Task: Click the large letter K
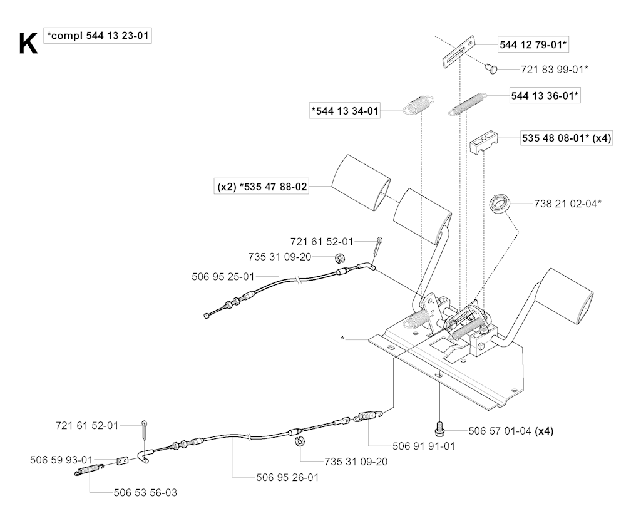28,44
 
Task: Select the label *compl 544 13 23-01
98,36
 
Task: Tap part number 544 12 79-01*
533,44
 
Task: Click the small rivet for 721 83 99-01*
491,68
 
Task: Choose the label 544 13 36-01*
545,96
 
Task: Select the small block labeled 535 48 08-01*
483,141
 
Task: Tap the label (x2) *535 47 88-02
262,187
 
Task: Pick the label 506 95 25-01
223,277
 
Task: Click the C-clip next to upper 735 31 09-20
340,258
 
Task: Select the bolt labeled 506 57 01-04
439,430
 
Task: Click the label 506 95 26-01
287,477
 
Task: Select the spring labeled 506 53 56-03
89,470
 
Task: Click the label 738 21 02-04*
568,204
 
